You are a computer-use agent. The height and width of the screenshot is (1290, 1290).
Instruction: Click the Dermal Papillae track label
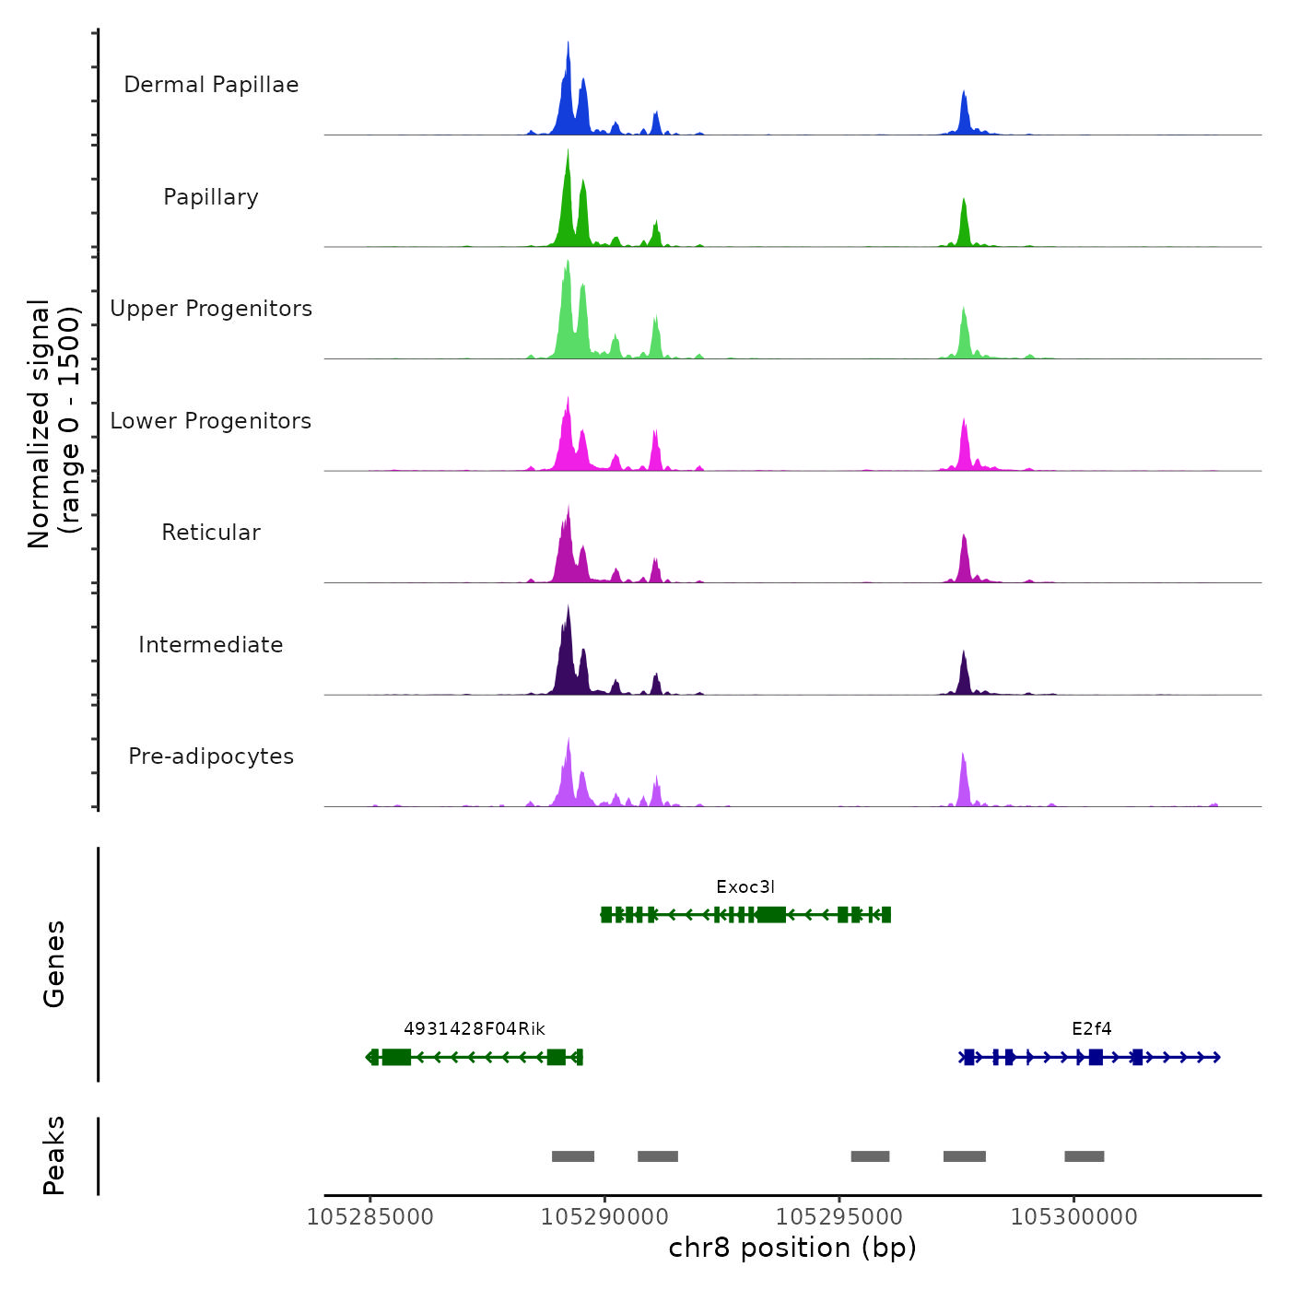(211, 85)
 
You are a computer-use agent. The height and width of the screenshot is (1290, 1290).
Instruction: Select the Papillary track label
(211, 197)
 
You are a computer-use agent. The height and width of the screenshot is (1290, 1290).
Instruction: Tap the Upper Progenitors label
(211, 309)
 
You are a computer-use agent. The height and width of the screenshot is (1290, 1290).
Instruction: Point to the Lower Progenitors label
(211, 421)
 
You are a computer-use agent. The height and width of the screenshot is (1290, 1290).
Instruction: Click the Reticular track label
(211, 533)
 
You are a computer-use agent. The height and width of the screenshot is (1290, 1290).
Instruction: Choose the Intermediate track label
(211, 645)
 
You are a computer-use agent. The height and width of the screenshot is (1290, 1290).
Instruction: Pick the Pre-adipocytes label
(211, 756)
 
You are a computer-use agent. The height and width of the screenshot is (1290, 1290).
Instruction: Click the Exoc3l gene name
(745, 887)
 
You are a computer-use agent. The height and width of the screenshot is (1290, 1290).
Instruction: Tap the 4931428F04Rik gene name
(475, 1029)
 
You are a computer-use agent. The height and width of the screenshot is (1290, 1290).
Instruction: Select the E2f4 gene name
(1092, 1029)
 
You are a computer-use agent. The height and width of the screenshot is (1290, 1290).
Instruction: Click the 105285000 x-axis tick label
(369, 1217)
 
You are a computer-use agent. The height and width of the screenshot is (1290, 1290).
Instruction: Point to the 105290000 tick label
(604, 1217)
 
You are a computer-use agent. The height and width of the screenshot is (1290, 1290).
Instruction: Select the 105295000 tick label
(839, 1217)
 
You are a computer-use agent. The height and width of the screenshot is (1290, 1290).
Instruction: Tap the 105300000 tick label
(1074, 1217)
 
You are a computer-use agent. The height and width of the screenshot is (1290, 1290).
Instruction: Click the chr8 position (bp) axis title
(792, 1248)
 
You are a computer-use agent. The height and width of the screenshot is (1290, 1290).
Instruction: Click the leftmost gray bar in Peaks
(573, 1156)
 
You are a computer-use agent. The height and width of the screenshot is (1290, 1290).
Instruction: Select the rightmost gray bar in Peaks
(1085, 1156)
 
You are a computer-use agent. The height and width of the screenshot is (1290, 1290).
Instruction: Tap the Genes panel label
(54, 964)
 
